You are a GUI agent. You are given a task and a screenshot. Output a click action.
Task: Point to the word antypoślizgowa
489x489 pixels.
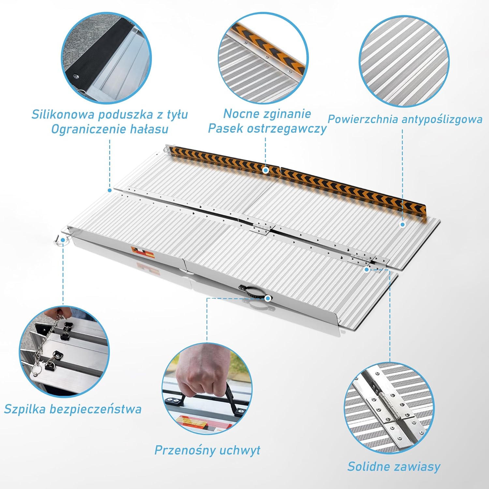point(442,119)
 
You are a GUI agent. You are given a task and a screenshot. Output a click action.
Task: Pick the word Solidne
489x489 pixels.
point(367,467)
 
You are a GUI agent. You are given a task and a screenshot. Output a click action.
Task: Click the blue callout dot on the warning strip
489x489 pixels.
point(266,170)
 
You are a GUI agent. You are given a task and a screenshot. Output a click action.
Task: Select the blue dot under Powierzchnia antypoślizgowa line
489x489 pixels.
point(403,224)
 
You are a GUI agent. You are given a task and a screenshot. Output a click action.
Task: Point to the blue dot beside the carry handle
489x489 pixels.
point(268,298)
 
